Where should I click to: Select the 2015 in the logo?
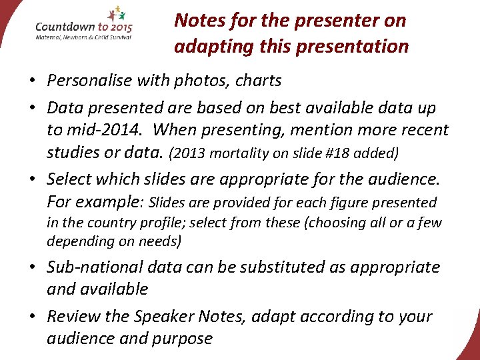[118, 27]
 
